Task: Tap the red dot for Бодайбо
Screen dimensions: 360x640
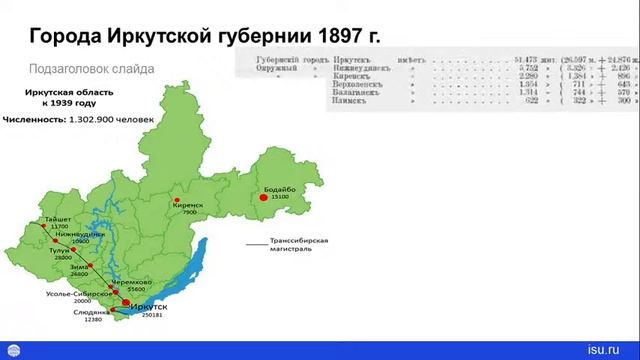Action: point(265,198)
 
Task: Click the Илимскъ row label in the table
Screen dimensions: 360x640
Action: point(354,101)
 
